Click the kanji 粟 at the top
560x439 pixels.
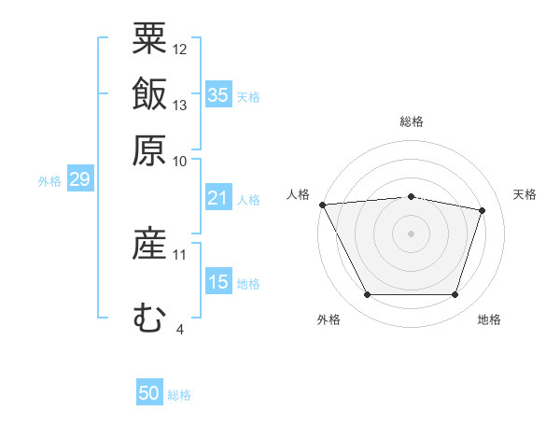pyautogui.click(x=149, y=38)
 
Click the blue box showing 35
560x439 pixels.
pyautogui.click(x=218, y=95)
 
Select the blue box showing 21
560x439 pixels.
pyautogui.click(x=218, y=198)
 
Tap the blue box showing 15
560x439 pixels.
pyautogui.click(x=218, y=282)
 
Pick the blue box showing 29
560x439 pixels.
pyautogui.click(x=79, y=179)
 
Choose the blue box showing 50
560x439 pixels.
pyautogui.click(x=149, y=393)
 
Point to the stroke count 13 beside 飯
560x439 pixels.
pyautogui.click(x=180, y=105)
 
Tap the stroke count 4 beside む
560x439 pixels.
pyautogui.click(x=179, y=329)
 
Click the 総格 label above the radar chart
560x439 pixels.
pyautogui.click(x=411, y=121)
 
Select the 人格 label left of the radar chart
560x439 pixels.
pyautogui.click(x=299, y=194)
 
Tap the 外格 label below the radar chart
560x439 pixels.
pyautogui.click(x=329, y=320)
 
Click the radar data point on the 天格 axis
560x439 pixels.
pyautogui.click(x=483, y=210)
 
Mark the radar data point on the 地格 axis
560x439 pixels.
pyautogui.click(x=455, y=295)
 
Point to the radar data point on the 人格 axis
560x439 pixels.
pyautogui.click(x=322, y=205)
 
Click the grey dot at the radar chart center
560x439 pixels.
pyautogui.click(x=411, y=234)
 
